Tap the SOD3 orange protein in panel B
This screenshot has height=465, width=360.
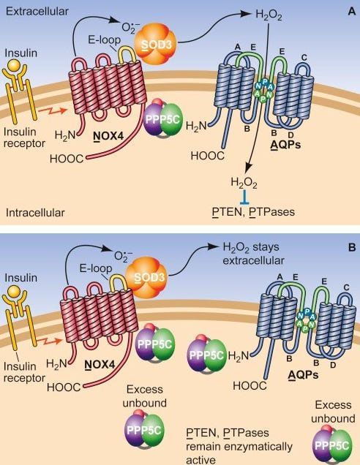click(147, 277)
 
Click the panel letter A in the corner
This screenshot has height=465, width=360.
click(351, 11)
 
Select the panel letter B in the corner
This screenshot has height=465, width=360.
click(352, 247)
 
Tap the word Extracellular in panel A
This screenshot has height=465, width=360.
click(37, 11)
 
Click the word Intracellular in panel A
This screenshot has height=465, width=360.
click(35, 212)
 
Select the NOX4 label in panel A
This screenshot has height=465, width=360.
click(108, 136)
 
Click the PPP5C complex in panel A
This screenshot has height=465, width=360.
click(162, 119)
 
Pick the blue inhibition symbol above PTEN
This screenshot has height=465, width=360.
click(245, 198)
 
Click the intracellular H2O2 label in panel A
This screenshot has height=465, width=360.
click(244, 182)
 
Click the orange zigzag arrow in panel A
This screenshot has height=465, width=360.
click(52, 111)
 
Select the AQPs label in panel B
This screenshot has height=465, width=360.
click(304, 375)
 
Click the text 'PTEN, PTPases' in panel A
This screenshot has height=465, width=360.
click(254, 212)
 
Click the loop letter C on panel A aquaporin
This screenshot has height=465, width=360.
click(304, 57)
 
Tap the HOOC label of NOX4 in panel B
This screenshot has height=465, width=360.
click(64, 387)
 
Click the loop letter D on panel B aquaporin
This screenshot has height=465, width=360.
click(333, 365)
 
